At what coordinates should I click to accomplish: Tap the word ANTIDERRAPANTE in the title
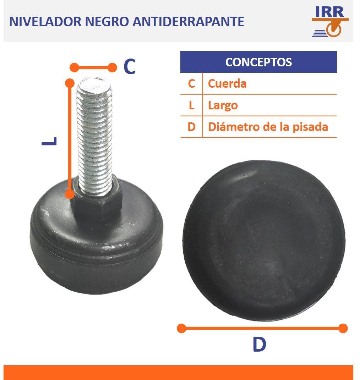189,21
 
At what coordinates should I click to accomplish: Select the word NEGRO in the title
107,21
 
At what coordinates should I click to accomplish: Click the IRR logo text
329,12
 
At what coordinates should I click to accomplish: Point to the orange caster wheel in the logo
334,29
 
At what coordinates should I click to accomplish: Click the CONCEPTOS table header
258,62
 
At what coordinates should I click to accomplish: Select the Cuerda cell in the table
227,84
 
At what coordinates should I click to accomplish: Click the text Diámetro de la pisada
268,127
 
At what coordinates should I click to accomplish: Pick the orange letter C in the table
191,84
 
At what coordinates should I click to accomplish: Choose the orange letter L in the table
191,105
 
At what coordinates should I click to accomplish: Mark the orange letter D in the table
191,127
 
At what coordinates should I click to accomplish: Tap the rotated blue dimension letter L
49,141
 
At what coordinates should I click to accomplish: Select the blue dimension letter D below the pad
259,344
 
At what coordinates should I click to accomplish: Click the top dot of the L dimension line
70,83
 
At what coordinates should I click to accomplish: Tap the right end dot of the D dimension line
343,329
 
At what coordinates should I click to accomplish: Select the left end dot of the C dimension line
75,67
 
